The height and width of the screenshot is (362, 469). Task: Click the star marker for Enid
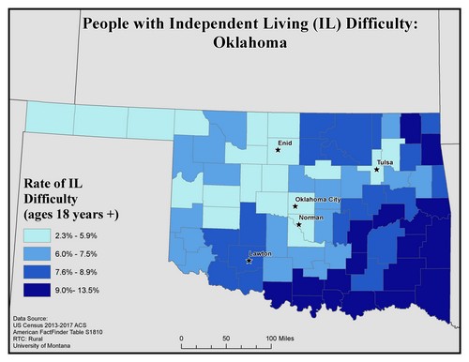[279, 149]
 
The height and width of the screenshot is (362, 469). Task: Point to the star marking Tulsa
[377, 170]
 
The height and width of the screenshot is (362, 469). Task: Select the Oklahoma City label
[320, 200]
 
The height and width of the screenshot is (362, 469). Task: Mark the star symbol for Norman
[299, 224]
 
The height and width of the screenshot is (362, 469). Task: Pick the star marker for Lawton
[248, 261]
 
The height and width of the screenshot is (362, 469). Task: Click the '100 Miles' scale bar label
[282, 337]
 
